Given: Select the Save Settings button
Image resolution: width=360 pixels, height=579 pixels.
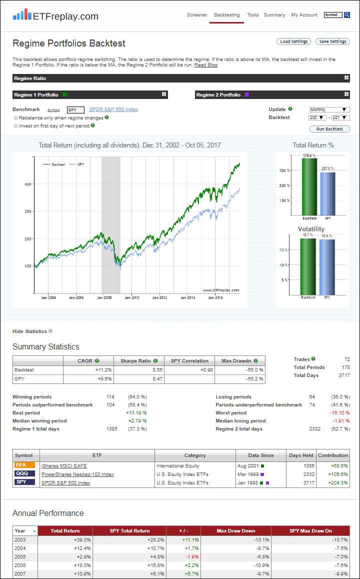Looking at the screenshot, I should pos(332,41).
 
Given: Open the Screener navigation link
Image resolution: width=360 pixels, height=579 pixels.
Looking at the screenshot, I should pos(197,15).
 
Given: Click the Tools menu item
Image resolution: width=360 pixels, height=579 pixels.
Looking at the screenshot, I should pos(253,15).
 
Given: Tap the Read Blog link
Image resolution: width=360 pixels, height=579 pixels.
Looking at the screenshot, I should pos(206,65).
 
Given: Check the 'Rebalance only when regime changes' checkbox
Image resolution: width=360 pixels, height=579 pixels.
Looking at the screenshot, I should pos(16,117).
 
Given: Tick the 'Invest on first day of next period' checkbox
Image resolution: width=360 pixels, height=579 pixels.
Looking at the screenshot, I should pos(16,125).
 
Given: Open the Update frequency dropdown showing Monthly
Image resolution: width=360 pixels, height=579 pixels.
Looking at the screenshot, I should pos(329,109).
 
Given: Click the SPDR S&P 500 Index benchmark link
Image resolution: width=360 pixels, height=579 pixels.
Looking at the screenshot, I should pos(113,109).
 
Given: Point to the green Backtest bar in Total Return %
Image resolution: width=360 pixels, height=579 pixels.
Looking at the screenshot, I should pos(309,186).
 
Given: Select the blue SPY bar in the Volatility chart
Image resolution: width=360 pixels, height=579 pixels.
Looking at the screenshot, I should pos(327,267).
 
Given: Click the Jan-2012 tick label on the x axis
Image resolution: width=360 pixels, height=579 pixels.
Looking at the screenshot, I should pos(159,297).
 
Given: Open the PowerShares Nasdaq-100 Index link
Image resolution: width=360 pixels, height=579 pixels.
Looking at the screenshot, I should pos(77,474).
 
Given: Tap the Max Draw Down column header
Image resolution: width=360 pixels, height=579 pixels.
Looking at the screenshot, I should pos(235,530).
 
